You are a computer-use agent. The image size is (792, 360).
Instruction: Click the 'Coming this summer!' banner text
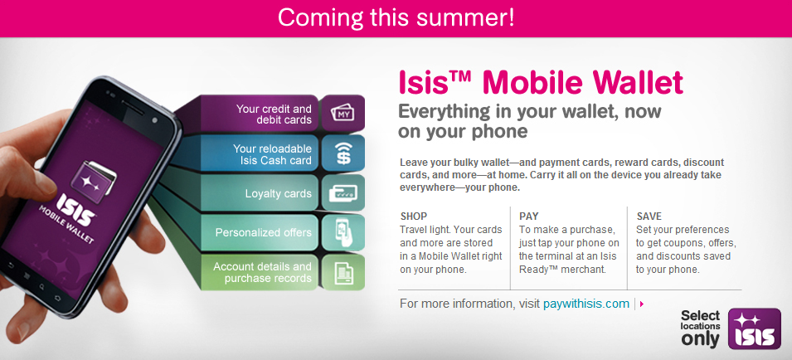coord(396,17)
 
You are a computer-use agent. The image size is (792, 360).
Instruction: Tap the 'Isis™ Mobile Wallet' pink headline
coord(541,82)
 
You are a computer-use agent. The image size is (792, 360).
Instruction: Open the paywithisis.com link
coord(585,304)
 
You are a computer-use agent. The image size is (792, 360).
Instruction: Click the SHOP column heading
coord(414,216)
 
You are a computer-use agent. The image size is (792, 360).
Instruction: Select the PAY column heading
coord(529,216)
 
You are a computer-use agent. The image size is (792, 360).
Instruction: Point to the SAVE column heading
coord(649,216)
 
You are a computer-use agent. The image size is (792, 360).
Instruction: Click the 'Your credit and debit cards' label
coord(274,114)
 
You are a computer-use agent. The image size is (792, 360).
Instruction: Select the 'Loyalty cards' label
coord(278,194)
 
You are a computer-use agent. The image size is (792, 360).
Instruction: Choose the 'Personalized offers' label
coord(263,233)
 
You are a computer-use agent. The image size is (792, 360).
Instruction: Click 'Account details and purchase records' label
coord(262,272)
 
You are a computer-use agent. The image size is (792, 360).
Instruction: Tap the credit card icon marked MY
coord(343,114)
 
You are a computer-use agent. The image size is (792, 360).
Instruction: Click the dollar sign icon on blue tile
coord(343,153)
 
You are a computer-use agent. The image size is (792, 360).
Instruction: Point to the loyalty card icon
coord(343,193)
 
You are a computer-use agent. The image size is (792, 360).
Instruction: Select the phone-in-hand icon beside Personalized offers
coord(343,232)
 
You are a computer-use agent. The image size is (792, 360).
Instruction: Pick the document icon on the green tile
coord(343,271)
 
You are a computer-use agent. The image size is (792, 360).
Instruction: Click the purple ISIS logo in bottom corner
coord(754,328)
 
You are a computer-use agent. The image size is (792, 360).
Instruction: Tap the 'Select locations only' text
coord(700,328)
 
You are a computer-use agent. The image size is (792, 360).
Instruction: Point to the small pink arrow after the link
coord(642,304)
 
